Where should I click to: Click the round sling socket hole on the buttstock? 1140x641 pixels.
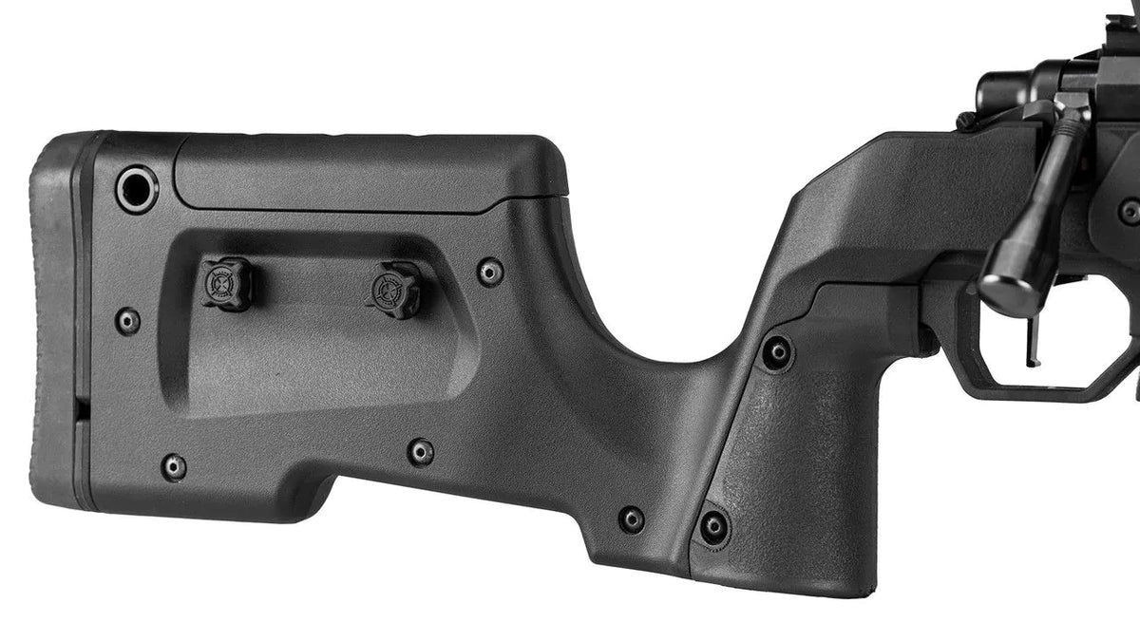(137, 188)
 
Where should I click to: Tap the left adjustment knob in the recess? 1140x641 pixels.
(226, 283)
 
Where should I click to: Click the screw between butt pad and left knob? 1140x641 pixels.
(127, 321)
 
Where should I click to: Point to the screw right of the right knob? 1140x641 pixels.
(490, 273)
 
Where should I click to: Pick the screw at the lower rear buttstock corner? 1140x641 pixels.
(173, 466)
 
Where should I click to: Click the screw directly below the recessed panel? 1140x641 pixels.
(421, 452)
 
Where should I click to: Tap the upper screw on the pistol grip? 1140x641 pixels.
(777, 353)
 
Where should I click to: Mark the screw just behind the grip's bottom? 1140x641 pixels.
(631, 518)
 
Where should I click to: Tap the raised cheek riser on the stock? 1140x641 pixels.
(370, 171)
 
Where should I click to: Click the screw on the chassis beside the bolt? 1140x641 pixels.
(1130, 211)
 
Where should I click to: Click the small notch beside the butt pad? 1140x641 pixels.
(82, 408)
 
